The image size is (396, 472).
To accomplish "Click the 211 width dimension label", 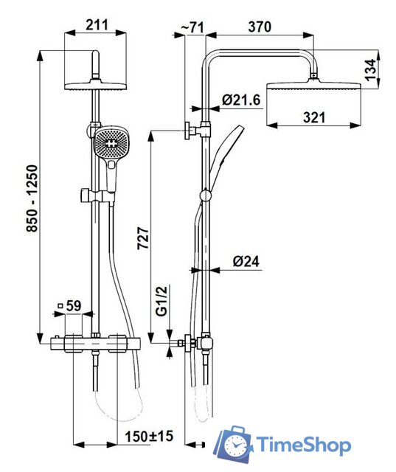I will point(95,25).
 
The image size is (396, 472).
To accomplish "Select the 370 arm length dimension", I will point(259,27).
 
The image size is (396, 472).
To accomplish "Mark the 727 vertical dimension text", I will point(144,240).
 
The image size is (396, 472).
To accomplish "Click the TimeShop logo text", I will point(304,445).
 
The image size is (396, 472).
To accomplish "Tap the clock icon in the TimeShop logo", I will point(236,446).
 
